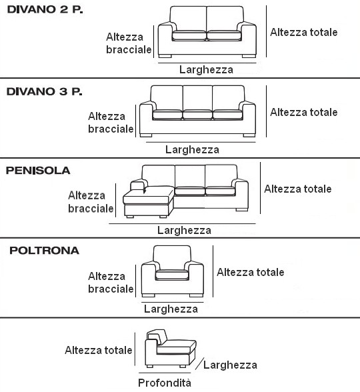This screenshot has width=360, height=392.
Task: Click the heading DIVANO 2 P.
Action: pos(45,9)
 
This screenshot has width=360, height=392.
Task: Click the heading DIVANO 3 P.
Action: pos(44,91)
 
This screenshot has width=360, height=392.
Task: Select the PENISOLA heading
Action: pos(38,171)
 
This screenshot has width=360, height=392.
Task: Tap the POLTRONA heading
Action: pos(44,251)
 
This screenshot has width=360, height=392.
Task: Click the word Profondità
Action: pos(165,383)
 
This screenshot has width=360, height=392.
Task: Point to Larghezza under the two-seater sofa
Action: pos(206,69)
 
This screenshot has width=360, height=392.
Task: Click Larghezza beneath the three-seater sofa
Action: pos(192,149)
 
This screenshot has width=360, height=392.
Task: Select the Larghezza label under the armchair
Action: pos(171,309)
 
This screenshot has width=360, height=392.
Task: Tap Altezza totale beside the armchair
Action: pos(251,272)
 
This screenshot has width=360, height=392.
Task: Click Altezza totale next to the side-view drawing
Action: pos(99,350)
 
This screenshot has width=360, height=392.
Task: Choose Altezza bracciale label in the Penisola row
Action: pos(91,202)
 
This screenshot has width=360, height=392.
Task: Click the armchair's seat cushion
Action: pos(172,275)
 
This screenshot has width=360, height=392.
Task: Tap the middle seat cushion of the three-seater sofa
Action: pos(197,115)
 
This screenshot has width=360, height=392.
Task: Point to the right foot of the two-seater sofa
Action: pos(249,56)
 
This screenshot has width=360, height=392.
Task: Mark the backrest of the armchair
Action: pos(172,257)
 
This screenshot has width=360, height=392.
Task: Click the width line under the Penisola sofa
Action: pos(182,223)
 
